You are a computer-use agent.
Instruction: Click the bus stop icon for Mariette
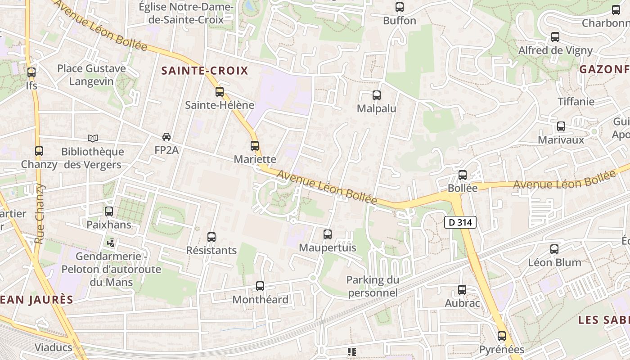pos(255,146)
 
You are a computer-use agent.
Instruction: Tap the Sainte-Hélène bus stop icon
pos(220,92)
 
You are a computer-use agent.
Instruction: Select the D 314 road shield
pos(460,222)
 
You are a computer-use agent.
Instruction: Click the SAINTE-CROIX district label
pos(205,71)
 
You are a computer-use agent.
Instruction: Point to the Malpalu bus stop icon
pos(377,95)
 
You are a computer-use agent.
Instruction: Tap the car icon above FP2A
pos(166,137)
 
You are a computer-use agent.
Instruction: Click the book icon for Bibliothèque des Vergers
pos(93,139)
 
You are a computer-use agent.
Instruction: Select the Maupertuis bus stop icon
pos(328,234)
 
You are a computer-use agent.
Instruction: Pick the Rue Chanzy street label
pos(40,213)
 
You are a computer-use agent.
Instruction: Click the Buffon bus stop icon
pos(400,7)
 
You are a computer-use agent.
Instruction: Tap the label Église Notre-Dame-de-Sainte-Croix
pos(186,13)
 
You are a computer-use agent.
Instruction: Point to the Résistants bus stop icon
pos(211,237)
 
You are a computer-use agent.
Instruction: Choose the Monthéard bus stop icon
pos(260,286)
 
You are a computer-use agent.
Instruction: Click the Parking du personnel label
pos(373,286)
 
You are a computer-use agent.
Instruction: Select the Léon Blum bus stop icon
pos(554,249)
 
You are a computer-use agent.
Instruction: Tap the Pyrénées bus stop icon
pos(502,336)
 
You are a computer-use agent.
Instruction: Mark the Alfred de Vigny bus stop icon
pos(555,37)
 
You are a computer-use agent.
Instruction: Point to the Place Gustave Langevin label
pos(92,75)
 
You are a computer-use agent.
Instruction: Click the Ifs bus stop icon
pos(31,72)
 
